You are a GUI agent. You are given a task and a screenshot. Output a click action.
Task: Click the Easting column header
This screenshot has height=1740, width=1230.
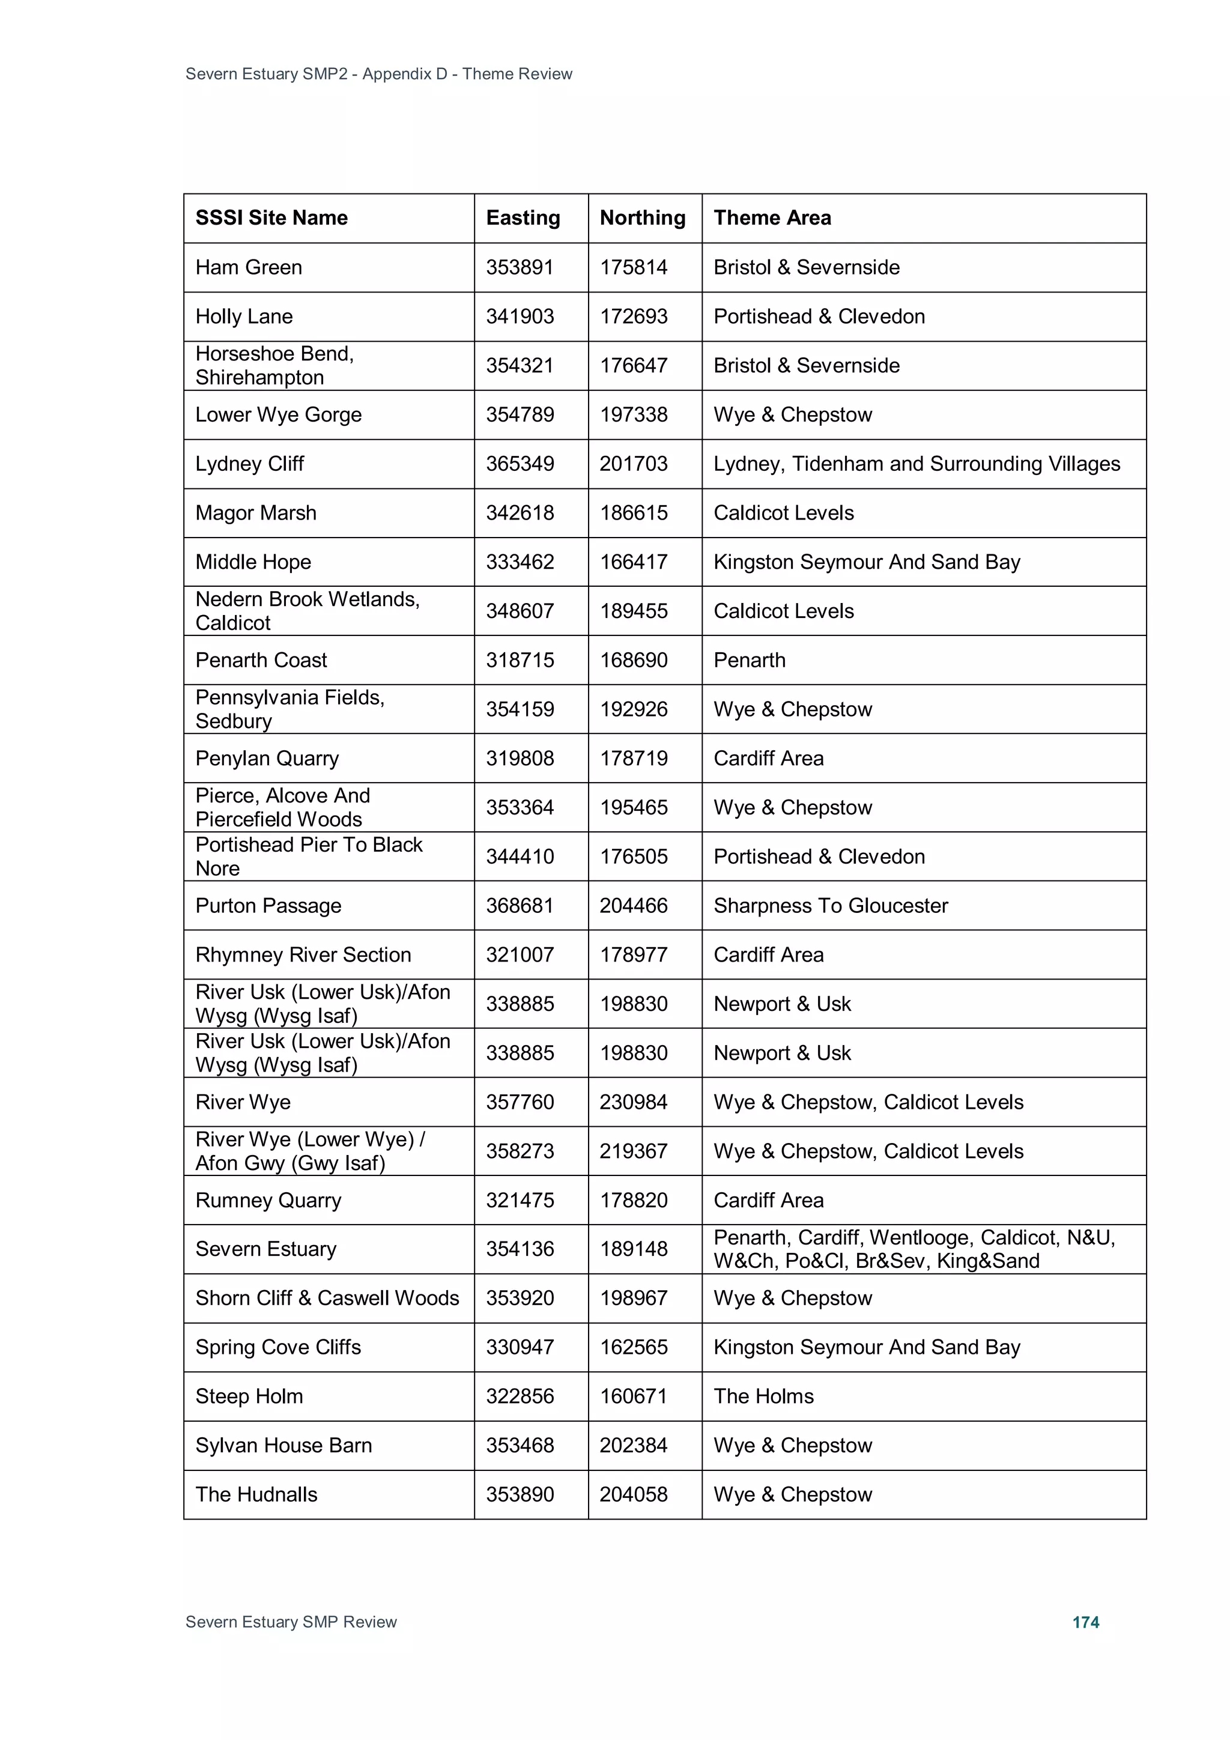[523, 218]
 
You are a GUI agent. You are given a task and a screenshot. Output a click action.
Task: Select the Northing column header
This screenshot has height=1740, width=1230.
[643, 218]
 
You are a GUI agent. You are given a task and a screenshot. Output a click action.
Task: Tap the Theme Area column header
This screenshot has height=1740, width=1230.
[772, 218]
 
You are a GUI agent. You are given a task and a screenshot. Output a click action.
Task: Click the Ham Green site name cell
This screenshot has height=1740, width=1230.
[249, 267]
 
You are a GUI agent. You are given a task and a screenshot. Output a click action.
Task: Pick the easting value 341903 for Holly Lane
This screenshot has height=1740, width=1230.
[520, 317]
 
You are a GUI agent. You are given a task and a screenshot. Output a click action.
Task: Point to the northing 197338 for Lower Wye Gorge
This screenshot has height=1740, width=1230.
[634, 414]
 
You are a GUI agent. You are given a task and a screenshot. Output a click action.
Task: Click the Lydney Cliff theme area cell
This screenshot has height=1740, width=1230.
[916, 464]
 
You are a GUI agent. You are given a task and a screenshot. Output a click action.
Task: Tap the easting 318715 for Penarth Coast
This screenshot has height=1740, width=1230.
[520, 660]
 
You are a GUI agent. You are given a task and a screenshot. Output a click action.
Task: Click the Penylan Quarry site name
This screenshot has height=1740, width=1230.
[267, 759]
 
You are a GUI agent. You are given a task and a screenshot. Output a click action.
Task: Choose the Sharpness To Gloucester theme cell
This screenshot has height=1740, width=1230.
[831, 906]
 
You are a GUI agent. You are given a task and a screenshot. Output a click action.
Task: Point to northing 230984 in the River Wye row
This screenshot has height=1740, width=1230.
[634, 1102]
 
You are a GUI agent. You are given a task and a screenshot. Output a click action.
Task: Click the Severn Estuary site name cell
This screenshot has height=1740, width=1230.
[265, 1249]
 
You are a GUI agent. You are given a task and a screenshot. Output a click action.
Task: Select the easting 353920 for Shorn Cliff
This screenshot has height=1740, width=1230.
[520, 1298]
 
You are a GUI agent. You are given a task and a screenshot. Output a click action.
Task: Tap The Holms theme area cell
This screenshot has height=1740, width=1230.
[763, 1396]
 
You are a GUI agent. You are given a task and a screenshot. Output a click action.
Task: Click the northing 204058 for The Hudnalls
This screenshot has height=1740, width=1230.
[634, 1494]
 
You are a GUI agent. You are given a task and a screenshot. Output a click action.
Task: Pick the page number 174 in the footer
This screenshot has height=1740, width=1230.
[1085, 1622]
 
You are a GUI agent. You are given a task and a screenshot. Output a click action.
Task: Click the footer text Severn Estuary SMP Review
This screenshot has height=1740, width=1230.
[291, 1622]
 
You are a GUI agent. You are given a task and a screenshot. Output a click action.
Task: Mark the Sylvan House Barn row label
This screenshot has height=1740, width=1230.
[283, 1445]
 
